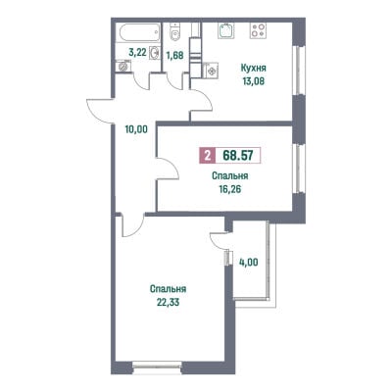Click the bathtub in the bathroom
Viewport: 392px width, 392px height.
pos(139,32)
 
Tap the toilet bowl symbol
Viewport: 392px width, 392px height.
pos(174,32)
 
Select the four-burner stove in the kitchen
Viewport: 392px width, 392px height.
pos(258,30)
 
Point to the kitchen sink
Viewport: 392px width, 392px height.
pos(226,30)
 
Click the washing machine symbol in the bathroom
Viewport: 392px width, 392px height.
pos(123,66)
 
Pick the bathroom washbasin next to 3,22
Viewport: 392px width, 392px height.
pos(155,52)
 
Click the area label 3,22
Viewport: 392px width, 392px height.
pos(137,52)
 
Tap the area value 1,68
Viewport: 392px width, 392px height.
pos(174,55)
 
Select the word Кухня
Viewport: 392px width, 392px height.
pos(254,69)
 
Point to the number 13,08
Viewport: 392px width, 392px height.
pos(254,81)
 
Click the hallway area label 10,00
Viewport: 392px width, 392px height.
pos(136,129)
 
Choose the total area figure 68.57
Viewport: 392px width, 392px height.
pos(238,155)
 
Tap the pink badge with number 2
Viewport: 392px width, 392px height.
pos(207,155)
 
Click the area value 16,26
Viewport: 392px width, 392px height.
pos(230,189)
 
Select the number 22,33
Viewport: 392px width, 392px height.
pos(168,302)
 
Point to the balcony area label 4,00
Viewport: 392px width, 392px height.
pos(250,262)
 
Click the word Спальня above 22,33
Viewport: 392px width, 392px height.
pos(169,289)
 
